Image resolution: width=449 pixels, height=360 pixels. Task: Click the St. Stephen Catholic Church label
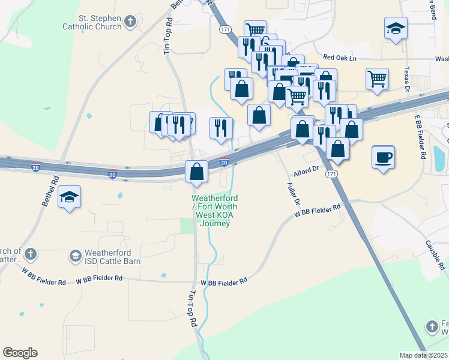coord(92,22)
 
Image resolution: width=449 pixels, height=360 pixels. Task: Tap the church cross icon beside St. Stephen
coord(129,22)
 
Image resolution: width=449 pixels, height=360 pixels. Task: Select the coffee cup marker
coord(383,158)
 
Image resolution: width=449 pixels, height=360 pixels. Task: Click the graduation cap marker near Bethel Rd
coord(69,197)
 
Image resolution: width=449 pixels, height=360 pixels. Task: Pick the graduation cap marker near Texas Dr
coord(395,28)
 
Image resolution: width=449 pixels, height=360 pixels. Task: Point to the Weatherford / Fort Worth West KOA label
coord(215,211)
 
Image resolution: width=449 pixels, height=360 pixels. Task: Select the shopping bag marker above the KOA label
coord(196,172)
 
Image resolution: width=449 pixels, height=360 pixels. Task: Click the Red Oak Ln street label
coord(340,58)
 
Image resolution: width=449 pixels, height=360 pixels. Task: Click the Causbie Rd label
coord(435,254)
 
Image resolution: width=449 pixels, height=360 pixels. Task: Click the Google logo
coord(20,353)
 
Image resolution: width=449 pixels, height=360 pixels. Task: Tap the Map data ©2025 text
coord(423,355)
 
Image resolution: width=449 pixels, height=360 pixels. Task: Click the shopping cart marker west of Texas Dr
coord(377,78)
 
